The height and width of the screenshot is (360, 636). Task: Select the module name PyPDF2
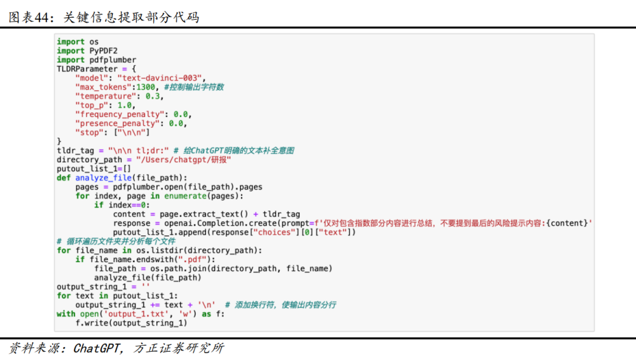(x=104, y=51)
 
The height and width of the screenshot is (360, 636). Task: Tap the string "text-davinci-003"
(x=160, y=78)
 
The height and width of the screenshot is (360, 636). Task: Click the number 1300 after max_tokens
(x=146, y=87)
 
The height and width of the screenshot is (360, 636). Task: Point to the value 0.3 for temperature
(x=153, y=96)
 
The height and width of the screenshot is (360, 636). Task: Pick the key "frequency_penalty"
(x=120, y=114)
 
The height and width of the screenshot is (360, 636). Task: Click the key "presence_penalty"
(x=117, y=123)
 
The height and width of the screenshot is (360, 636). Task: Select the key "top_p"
(x=92, y=106)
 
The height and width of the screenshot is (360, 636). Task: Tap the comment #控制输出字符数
(x=194, y=87)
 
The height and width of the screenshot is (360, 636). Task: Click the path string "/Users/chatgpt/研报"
(x=183, y=160)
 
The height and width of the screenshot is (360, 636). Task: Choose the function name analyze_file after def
(x=104, y=177)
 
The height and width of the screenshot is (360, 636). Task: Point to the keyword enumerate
(x=185, y=196)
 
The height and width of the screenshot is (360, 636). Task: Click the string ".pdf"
(x=192, y=260)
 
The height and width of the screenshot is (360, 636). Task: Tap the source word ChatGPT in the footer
(x=97, y=348)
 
